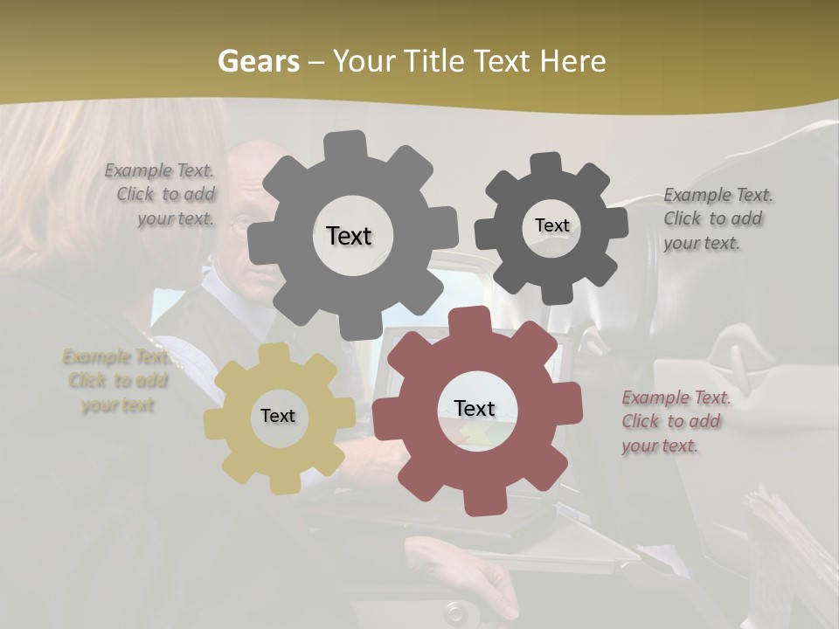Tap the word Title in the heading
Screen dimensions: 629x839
(x=433, y=61)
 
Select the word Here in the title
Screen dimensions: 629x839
(x=573, y=61)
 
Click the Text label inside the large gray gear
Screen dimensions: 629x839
(x=349, y=236)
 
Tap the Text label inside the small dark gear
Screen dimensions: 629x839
(x=551, y=225)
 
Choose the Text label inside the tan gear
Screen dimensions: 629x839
(x=278, y=416)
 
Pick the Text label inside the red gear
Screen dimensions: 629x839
(x=475, y=408)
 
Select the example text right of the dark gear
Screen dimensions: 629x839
(x=717, y=218)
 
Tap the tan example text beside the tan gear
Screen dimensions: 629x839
(x=117, y=381)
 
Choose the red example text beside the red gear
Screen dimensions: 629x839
(x=674, y=421)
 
